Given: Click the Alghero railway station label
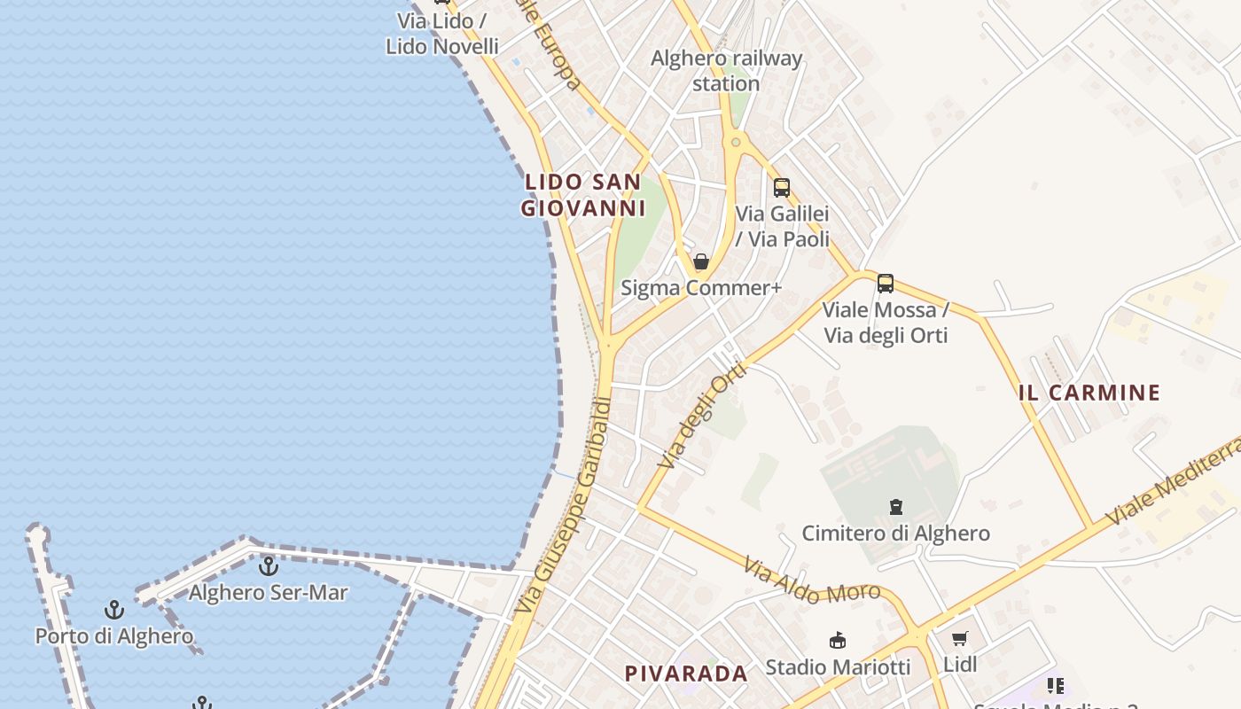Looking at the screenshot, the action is (x=726, y=71).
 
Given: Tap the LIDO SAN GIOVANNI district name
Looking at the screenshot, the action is (x=581, y=195).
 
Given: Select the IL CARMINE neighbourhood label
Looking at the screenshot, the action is (x=1089, y=393).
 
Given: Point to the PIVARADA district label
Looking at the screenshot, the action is (x=686, y=674).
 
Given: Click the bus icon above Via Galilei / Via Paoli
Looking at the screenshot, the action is (x=781, y=188).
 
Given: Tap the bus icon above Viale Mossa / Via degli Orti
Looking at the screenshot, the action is (x=885, y=284).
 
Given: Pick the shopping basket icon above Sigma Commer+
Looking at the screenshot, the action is (x=701, y=261).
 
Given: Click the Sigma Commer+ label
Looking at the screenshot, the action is (x=701, y=288).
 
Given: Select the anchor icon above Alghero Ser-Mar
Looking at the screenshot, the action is (x=268, y=565).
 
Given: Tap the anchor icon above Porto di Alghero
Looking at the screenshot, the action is (x=113, y=610).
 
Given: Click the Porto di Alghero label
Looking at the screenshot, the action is (x=113, y=636).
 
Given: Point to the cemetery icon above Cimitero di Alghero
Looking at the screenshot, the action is (x=895, y=508).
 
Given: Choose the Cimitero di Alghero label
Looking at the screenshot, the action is (x=895, y=534).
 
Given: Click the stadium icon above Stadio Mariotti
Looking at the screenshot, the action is (x=837, y=640).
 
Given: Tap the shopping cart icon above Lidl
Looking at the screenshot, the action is (x=959, y=638).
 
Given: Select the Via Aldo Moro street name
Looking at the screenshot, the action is (x=811, y=580).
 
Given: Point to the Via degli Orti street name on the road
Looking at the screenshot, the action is (x=703, y=415).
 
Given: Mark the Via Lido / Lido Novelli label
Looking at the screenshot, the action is (x=441, y=34).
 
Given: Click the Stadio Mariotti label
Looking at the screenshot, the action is (x=837, y=666).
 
